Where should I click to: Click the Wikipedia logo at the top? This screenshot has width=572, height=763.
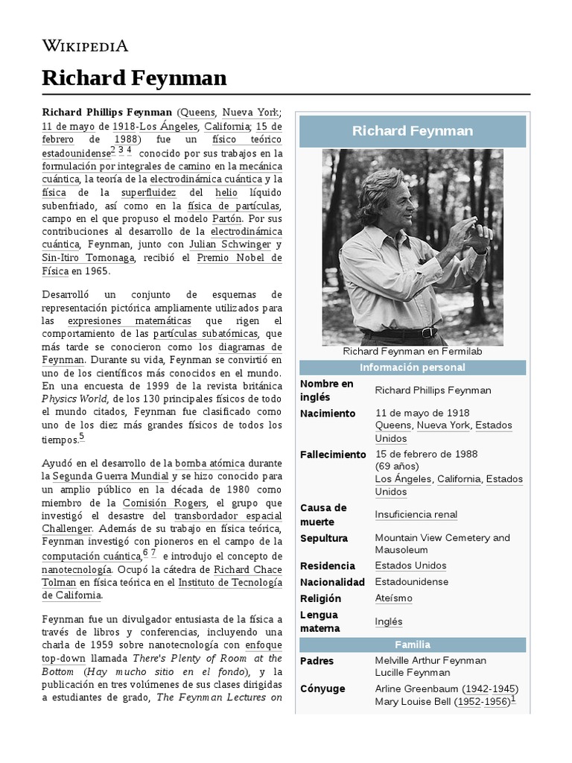85,45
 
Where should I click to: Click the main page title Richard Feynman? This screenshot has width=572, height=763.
134,77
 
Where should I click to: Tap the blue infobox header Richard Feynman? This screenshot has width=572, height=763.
412,131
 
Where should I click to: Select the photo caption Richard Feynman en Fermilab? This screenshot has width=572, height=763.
412,351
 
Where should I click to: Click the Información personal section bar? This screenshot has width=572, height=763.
412,367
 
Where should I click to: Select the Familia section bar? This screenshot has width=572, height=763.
412,645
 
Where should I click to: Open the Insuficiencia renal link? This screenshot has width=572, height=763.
416,515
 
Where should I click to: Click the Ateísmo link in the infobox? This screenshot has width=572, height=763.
393,598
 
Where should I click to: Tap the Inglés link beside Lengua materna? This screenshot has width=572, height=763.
389,621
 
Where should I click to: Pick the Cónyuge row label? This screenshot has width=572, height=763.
322,688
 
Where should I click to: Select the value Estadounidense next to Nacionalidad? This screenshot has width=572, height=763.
412,582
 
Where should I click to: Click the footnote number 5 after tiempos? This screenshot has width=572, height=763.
81,437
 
